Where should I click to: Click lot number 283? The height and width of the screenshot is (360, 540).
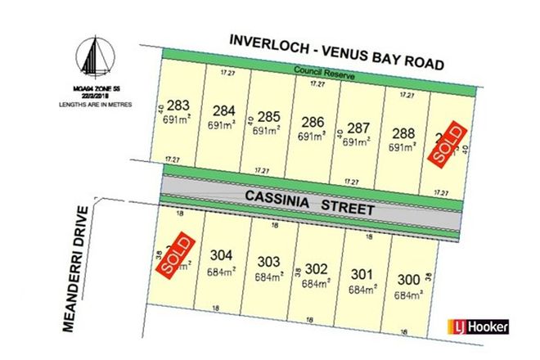tap(178, 104)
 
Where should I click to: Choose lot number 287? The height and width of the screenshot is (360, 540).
tap(358, 128)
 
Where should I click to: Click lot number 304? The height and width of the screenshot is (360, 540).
tap(223, 254)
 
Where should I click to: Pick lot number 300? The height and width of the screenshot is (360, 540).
tap(407, 280)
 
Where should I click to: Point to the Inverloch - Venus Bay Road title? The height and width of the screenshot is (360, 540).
tap(336, 50)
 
